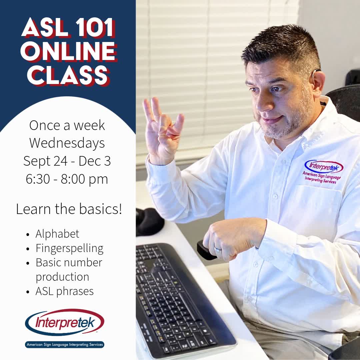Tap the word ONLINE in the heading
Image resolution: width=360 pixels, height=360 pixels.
68,52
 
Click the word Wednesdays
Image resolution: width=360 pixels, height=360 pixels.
67,143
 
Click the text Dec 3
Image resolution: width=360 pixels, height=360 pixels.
95,161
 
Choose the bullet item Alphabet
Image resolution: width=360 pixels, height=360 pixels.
57,234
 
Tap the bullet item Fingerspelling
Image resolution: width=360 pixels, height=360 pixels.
69,248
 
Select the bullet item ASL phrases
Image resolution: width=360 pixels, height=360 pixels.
64,291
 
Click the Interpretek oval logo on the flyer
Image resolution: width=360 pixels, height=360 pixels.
65,322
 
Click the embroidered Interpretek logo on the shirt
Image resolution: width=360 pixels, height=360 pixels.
323,167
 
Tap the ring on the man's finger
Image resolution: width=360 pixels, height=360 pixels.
217,249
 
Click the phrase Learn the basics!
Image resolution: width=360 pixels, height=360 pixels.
69,209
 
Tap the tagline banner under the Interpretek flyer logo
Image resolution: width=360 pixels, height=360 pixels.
65,344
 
